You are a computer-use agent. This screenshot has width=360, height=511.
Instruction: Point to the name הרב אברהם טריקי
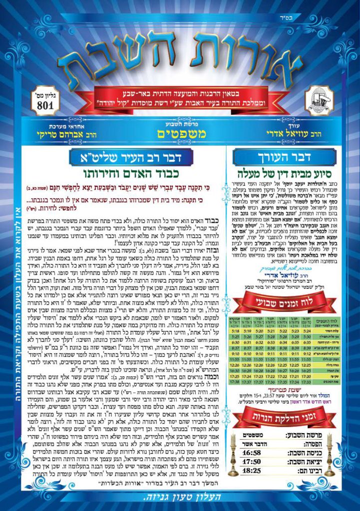point(58,135)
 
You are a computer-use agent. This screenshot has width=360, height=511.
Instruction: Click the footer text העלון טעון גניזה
point(180,497)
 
